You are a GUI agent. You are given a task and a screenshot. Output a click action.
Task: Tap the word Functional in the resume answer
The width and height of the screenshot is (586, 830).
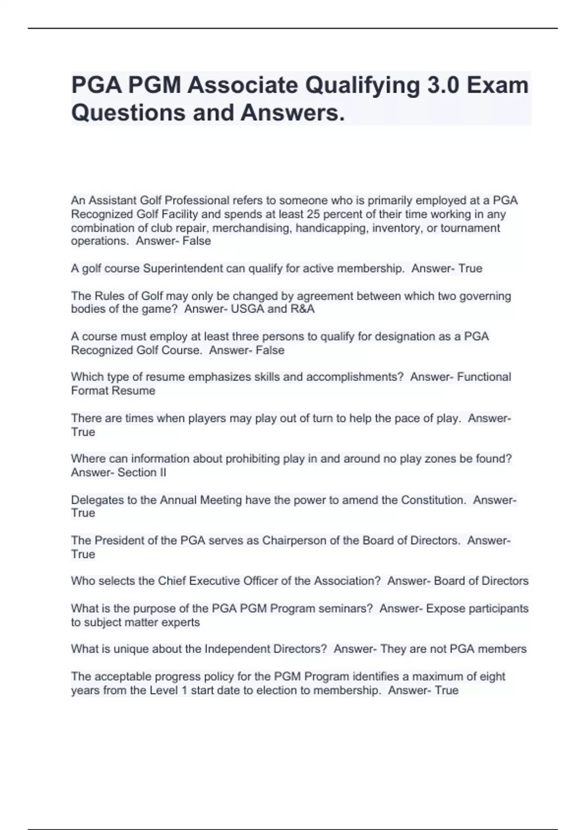tap(484, 377)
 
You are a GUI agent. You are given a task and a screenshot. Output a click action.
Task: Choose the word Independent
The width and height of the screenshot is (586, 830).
tap(238, 649)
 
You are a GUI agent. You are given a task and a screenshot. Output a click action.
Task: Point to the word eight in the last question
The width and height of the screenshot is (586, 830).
tap(493, 677)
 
